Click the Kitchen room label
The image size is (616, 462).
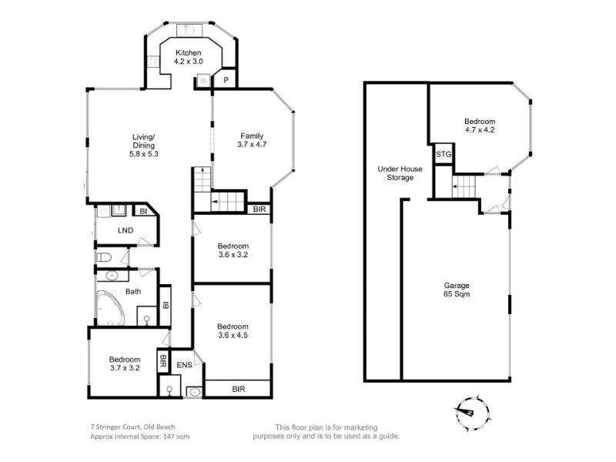[x=188, y=52]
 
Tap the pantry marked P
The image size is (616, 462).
[x=226, y=81]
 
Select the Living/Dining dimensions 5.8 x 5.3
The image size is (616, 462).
[x=143, y=154]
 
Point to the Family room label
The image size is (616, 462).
[x=252, y=136]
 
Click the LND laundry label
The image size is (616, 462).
[x=126, y=230]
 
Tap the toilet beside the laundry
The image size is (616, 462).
[x=104, y=258]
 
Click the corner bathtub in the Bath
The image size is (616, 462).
[x=110, y=308]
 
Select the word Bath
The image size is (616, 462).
[x=133, y=292]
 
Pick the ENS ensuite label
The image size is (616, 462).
[x=184, y=365]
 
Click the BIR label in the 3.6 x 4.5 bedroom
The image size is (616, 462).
[x=239, y=389]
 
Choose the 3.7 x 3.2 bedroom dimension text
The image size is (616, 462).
[x=125, y=368]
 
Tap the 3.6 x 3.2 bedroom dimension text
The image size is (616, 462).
[x=233, y=255]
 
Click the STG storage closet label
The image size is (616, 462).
[x=444, y=155]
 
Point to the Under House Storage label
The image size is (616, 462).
[x=400, y=173]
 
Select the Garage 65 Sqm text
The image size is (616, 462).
[x=457, y=290]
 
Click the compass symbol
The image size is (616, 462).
[x=472, y=413]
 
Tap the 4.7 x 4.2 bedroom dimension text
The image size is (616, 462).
[x=480, y=130]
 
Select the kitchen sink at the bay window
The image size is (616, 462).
[x=189, y=30]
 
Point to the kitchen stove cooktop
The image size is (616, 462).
[x=152, y=61]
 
